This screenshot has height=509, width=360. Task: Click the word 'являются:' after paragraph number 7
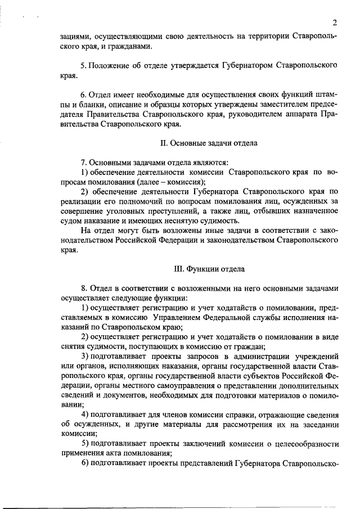208,163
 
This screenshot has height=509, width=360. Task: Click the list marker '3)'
85,357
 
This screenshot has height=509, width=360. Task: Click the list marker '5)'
85,444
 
